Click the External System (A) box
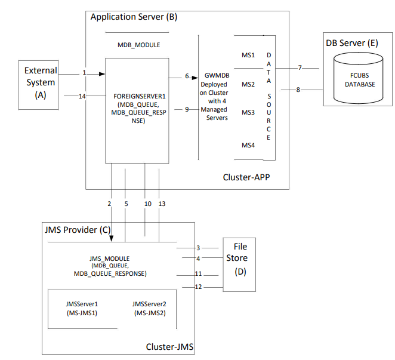click(40, 84)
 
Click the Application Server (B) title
click(134, 17)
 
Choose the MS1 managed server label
click(248, 56)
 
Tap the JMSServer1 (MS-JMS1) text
click(81, 308)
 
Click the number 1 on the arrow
click(84, 73)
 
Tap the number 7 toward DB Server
click(300, 67)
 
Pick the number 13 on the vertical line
click(162, 204)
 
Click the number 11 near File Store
click(198, 273)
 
